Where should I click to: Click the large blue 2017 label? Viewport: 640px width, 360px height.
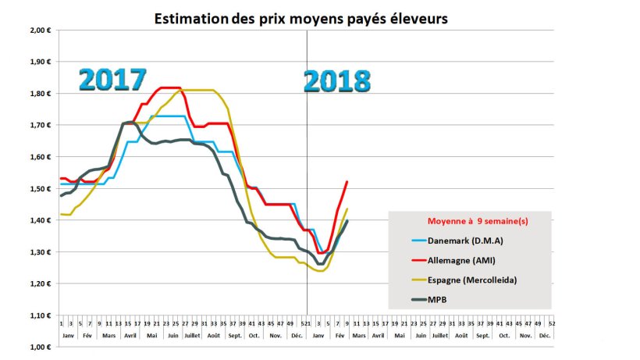tap(113, 80)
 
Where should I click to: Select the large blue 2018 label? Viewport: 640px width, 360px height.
tap(336, 80)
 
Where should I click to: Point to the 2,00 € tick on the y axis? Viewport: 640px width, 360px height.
tap(40, 30)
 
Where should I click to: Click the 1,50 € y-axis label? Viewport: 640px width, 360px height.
tap(40, 188)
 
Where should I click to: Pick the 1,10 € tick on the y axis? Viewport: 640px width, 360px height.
tap(40, 315)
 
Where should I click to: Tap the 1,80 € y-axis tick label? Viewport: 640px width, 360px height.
tap(40, 93)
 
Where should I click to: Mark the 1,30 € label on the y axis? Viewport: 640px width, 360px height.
tap(40, 251)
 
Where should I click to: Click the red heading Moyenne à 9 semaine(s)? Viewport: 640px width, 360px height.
tap(471, 221)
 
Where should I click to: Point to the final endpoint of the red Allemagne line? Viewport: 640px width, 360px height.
tap(347, 182)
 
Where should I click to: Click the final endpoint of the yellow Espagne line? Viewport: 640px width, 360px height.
tap(347, 209)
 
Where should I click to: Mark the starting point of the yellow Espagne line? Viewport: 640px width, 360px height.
tap(61, 214)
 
